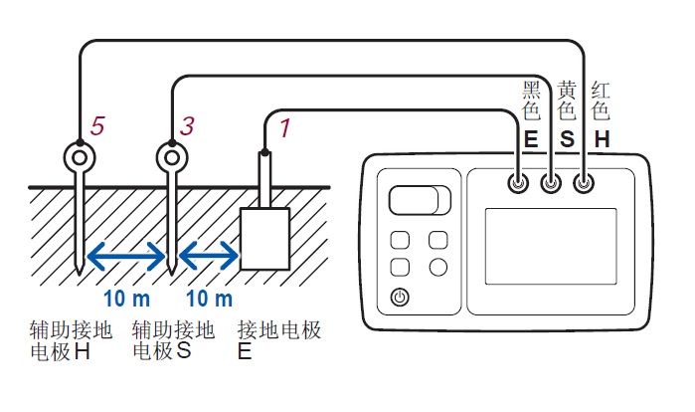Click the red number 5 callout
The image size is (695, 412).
(x=97, y=125)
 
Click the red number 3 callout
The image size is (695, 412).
(x=187, y=125)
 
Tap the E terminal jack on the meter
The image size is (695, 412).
(x=518, y=183)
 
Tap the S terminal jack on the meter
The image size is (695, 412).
(x=550, y=183)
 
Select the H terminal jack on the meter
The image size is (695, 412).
(x=584, y=183)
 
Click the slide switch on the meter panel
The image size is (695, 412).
(x=419, y=200)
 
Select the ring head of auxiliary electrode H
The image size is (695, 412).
(x=79, y=156)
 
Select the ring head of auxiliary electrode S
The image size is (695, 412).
(x=172, y=156)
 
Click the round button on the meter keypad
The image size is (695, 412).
(x=437, y=267)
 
